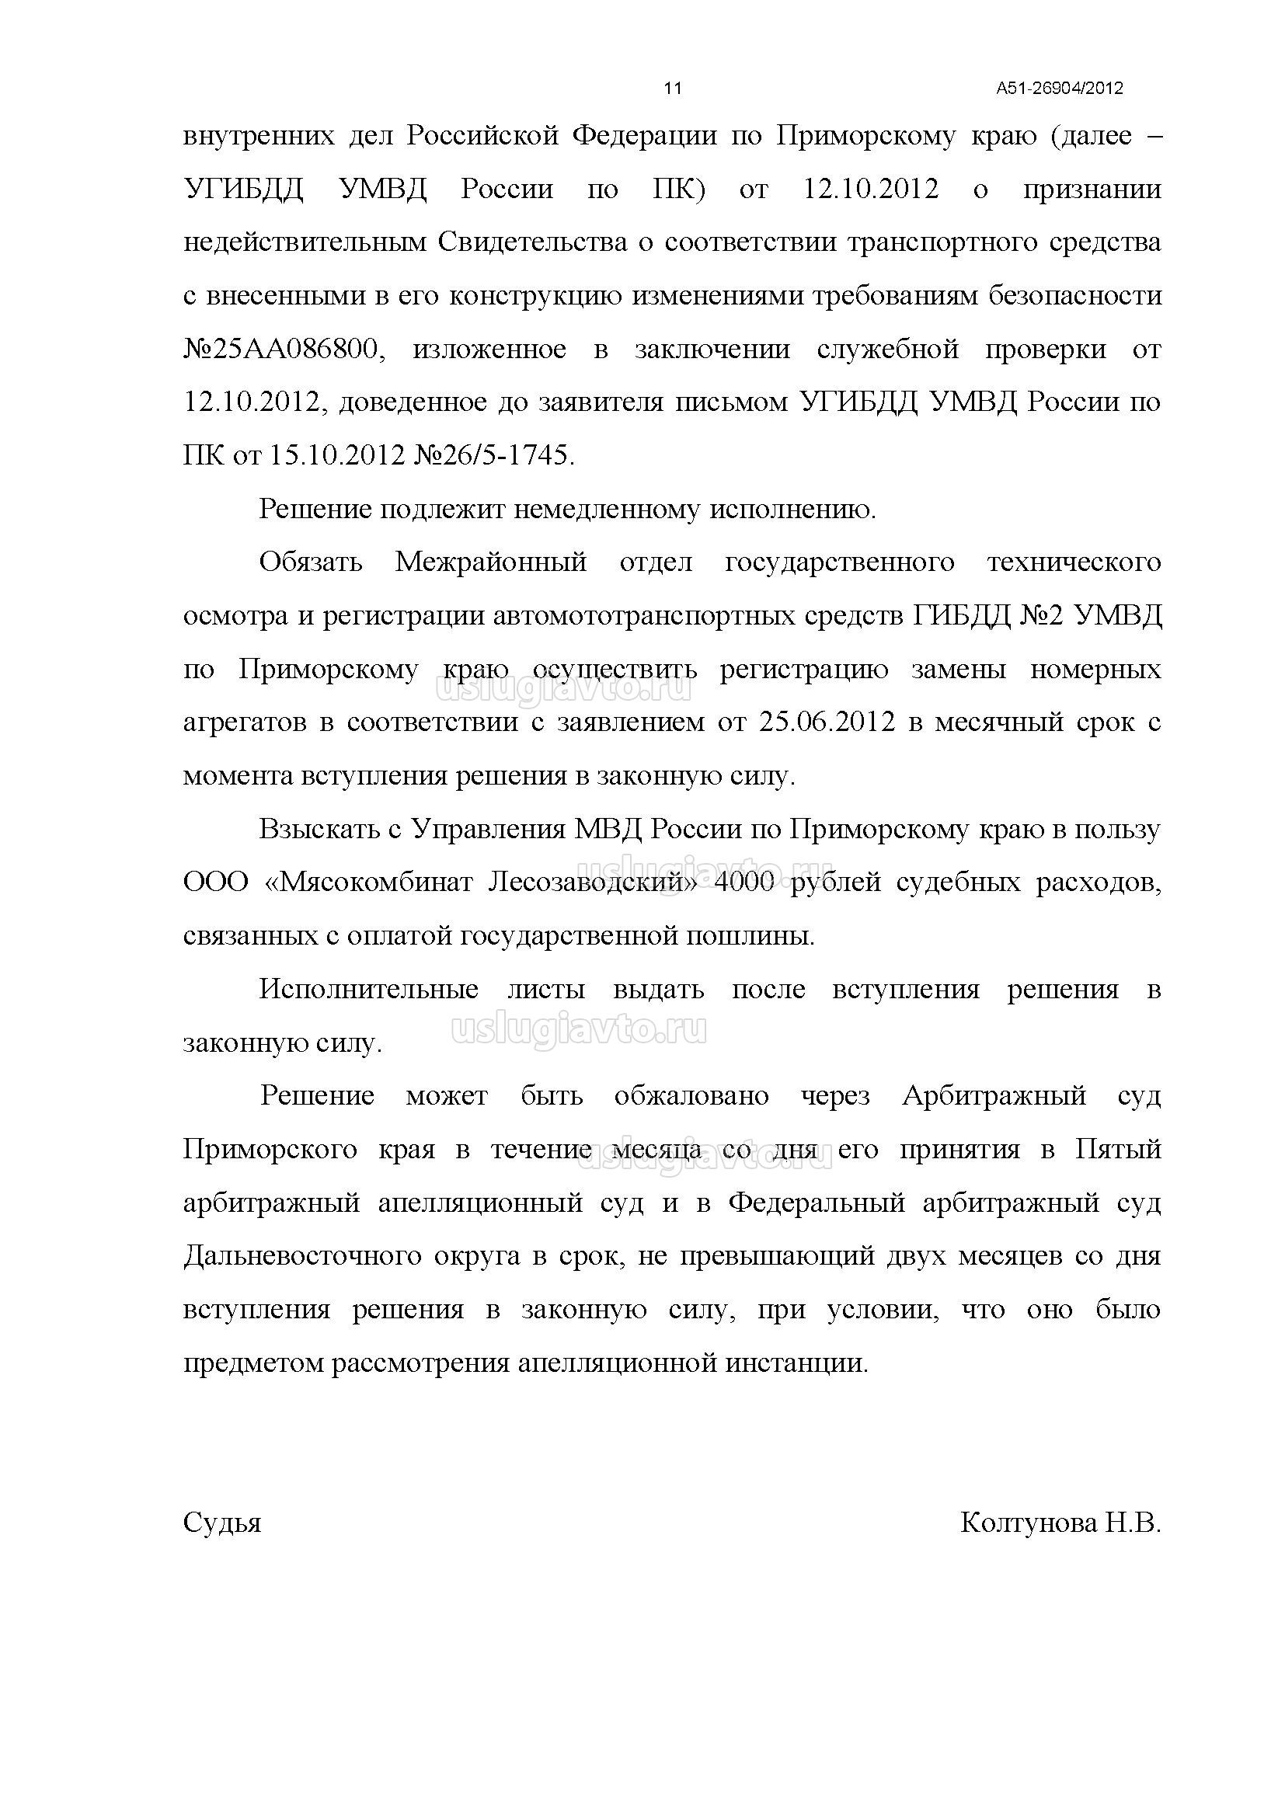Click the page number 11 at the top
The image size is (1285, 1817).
pos(672,88)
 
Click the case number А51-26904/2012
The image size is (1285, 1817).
pos(1060,88)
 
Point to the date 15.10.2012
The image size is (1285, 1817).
pos(338,456)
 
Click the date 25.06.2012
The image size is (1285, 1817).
pos(826,722)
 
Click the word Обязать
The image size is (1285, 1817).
pos(311,562)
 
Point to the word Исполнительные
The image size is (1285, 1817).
pos(369,989)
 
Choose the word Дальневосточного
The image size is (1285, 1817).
pos(301,1256)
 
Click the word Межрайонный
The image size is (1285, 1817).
pos(490,562)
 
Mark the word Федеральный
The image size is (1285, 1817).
pos(816,1203)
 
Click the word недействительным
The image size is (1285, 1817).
pos(305,242)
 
